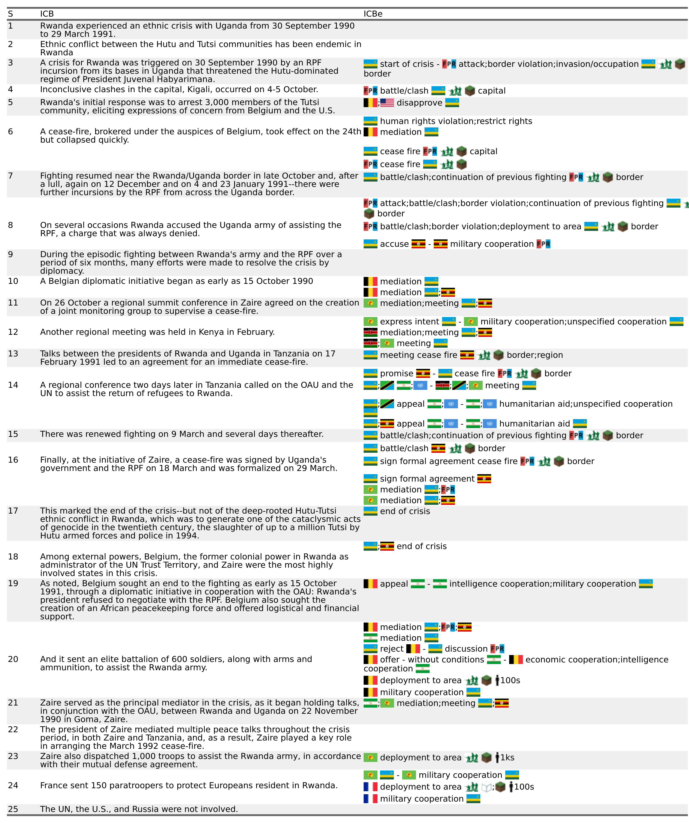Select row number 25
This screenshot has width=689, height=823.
point(13,809)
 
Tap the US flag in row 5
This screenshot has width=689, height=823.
point(387,103)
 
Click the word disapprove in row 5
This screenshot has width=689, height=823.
point(419,103)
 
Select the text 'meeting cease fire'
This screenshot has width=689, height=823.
point(419,355)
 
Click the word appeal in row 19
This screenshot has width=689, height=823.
point(394,584)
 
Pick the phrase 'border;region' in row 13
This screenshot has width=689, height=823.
point(535,355)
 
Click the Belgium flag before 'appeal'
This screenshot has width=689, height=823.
point(370,584)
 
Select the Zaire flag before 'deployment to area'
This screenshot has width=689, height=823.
point(370,757)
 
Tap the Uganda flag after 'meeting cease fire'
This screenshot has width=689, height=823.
point(467,355)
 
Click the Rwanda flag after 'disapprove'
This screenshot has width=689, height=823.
point(452,103)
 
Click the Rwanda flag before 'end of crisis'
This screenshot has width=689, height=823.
point(370,511)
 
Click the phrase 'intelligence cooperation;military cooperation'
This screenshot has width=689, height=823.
point(542,584)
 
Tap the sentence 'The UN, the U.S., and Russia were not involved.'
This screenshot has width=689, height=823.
point(139,809)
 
